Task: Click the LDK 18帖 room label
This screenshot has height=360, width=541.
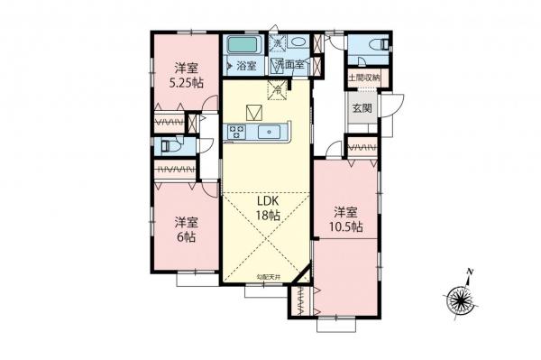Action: (x=266, y=208)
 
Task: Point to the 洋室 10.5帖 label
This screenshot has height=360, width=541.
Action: (x=346, y=219)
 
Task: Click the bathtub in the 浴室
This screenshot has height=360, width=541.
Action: (x=241, y=45)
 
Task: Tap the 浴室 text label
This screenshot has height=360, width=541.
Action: (x=246, y=66)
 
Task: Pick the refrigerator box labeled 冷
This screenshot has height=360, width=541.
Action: (x=279, y=89)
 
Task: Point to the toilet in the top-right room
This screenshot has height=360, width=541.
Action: (x=380, y=43)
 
